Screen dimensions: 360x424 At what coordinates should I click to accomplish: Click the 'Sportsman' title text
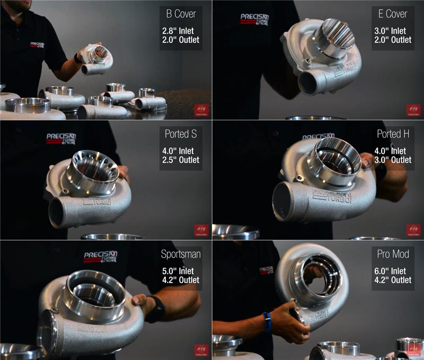click(x=181, y=254)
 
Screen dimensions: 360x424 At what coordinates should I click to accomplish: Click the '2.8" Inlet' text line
click(x=181, y=31)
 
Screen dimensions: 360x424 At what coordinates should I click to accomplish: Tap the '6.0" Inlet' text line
click(x=393, y=271)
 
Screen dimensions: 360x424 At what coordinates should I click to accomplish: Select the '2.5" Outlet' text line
click(x=181, y=160)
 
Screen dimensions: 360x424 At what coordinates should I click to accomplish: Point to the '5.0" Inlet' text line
click(x=181, y=271)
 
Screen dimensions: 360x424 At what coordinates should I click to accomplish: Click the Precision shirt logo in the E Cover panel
click(x=254, y=19)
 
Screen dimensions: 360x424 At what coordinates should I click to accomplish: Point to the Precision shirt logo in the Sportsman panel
click(x=100, y=257)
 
